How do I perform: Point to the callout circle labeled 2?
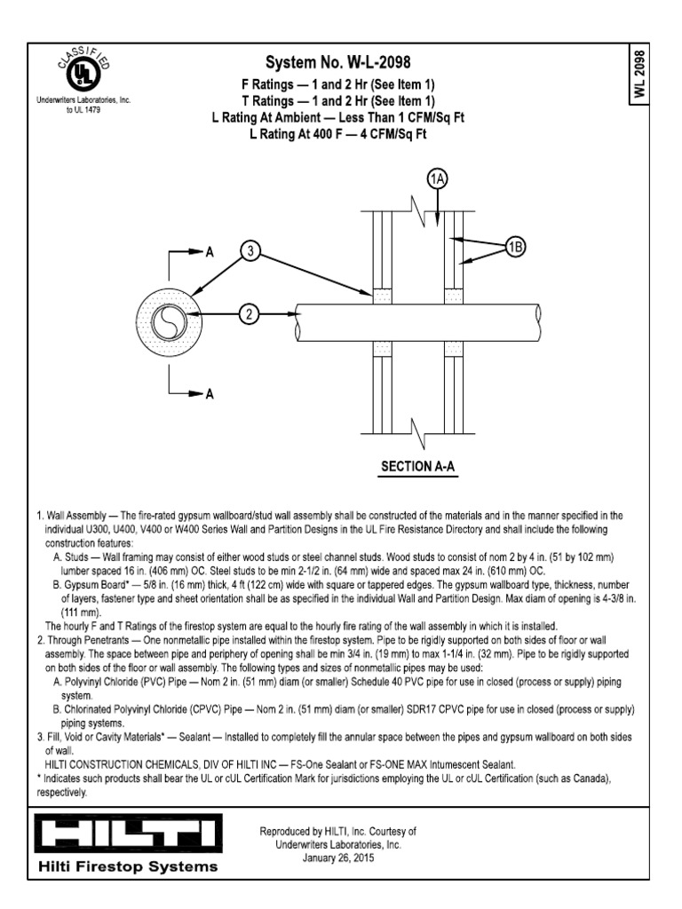coord(251,312)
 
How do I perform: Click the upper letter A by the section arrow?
coord(210,252)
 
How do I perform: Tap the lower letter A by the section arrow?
coord(210,397)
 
